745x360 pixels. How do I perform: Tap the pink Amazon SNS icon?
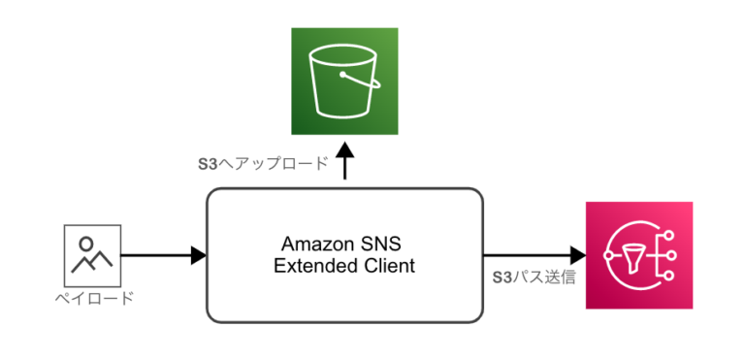point(639,255)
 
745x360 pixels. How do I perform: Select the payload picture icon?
point(92,255)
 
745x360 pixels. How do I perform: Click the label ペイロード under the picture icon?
point(93,298)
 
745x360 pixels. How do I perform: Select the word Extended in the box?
point(315,265)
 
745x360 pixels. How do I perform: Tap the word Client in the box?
point(389,265)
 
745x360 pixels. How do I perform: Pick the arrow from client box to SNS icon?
point(534,256)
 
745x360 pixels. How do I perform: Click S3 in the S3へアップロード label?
point(206,164)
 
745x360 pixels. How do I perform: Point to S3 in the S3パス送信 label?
point(502,278)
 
